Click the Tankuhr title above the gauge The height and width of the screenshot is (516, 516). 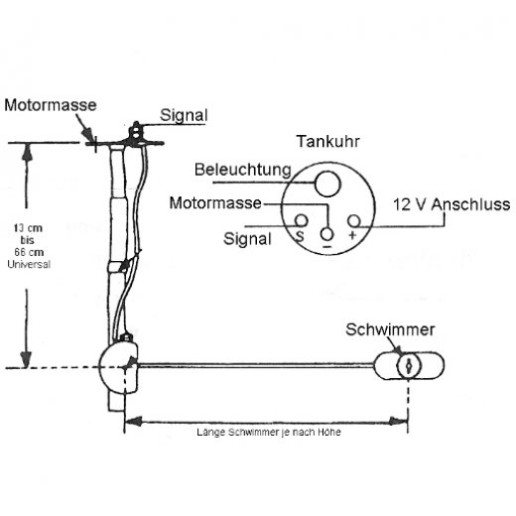click(327, 142)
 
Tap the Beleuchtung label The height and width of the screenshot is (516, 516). click(243, 170)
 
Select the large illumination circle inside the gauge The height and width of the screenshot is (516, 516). click(327, 184)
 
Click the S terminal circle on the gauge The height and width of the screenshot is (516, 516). click(301, 220)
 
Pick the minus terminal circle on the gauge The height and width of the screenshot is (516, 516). click(326, 234)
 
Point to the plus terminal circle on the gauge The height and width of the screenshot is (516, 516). click(353, 221)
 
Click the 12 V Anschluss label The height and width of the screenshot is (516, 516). click(451, 204)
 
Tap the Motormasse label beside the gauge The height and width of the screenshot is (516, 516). click(215, 202)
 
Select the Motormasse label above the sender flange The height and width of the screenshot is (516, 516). click(51, 105)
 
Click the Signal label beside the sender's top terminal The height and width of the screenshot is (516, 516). click(184, 115)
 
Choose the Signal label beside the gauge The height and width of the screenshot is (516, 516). click(247, 239)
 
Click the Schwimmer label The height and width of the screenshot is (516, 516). click(390, 329)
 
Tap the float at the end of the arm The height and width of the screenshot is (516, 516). click(409, 365)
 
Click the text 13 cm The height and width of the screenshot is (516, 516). click(28, 228)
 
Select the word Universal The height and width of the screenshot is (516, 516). click(29, 264)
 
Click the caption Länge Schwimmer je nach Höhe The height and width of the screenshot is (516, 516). click(269, 432)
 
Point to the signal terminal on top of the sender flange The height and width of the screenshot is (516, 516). click(136, 131)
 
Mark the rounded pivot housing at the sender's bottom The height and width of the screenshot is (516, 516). click(118, 366)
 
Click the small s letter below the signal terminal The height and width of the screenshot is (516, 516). click(300, 236)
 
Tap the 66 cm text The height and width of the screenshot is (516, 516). click(29, 252)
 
